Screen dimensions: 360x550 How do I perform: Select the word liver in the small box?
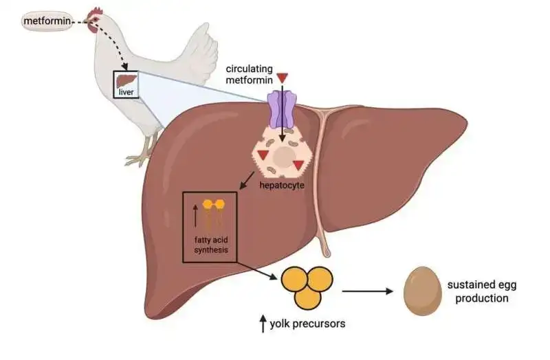126,92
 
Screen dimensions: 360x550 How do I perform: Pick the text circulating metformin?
250,75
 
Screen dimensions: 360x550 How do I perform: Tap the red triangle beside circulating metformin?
283,78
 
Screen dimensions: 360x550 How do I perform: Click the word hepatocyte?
283,186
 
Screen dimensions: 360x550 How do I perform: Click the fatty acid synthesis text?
210,245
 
